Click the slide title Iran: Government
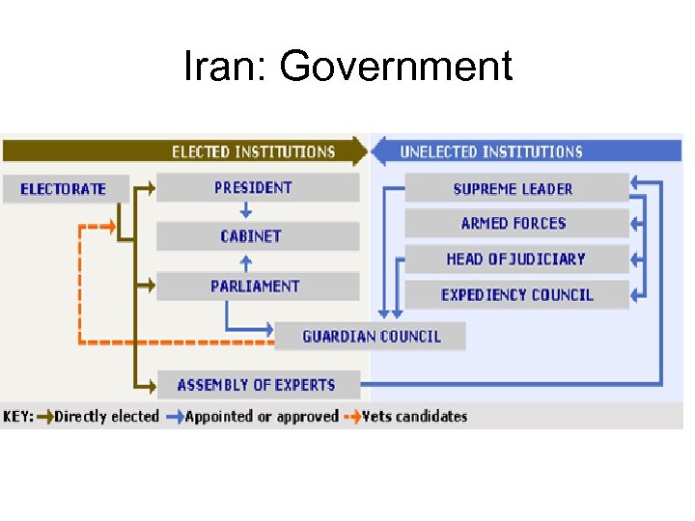[347, 68]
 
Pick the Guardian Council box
[371, 336]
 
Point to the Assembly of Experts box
[257, 384]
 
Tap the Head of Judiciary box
[515, 259]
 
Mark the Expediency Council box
[515, 294]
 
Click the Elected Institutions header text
[253, 151]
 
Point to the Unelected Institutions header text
[491, 151]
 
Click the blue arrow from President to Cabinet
[246, 211]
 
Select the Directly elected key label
[106, 417]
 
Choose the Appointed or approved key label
[262, 417]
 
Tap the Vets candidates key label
[415, 417]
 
